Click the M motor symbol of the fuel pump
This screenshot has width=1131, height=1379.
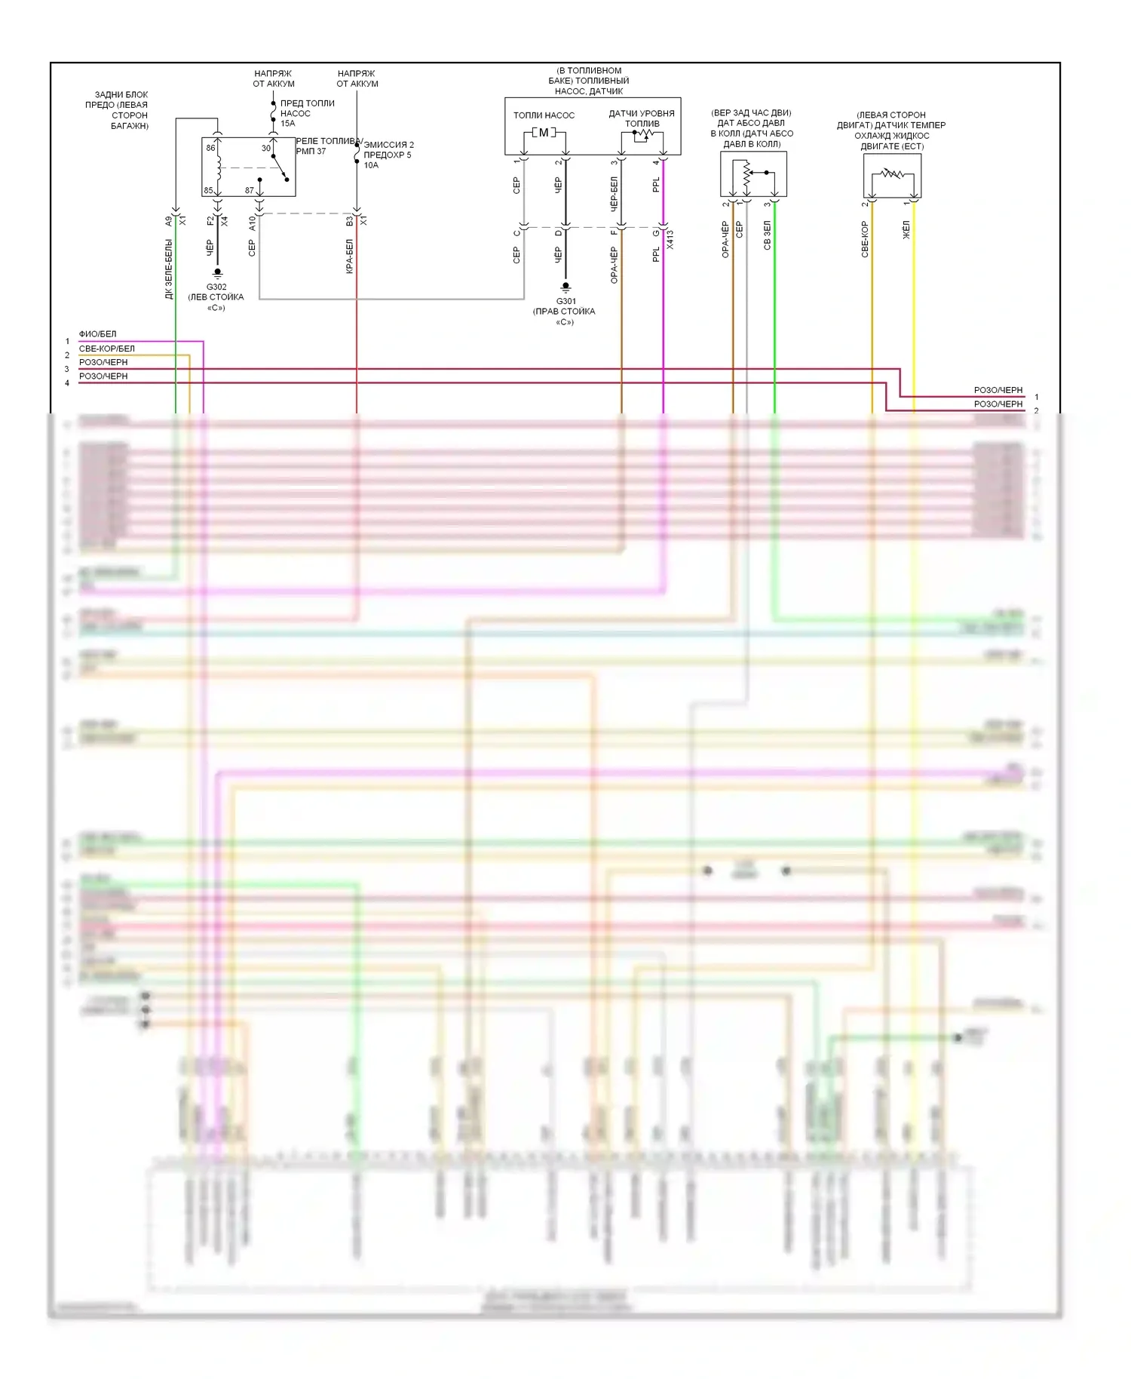tap(544, 133)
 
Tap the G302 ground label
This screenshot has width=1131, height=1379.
tap(216, 287)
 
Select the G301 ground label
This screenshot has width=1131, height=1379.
tap(565, 301)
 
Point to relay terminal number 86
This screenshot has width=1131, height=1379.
tap(211, 148)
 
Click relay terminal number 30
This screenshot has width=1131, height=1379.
tap(265, 148)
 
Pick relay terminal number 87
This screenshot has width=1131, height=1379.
tap(250, 190)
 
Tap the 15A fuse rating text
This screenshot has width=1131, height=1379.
tap(288, 123)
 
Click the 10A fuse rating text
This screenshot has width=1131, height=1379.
tap(371, 165)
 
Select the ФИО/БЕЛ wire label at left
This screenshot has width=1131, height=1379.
tap(98, 334)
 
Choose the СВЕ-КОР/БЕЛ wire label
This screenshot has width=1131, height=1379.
tap(107, 349)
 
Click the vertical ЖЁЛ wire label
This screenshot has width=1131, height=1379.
tap(906, 231)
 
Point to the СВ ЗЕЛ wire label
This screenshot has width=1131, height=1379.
tap(767, 235)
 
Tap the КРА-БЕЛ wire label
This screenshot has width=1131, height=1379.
tap(349, 256)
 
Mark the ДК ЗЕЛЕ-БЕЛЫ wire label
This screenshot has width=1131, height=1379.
tap(169, 269)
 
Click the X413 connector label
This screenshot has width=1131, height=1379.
tap(670, 240)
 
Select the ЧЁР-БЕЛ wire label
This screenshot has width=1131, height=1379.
tap(614, 194)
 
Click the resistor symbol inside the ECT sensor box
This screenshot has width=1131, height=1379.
tap(893, 174)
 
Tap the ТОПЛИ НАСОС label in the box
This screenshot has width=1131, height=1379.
tap(544, 115)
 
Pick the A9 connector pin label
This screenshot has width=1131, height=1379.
tap(169, 221)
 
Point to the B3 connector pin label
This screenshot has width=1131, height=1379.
tap(349, 221)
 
